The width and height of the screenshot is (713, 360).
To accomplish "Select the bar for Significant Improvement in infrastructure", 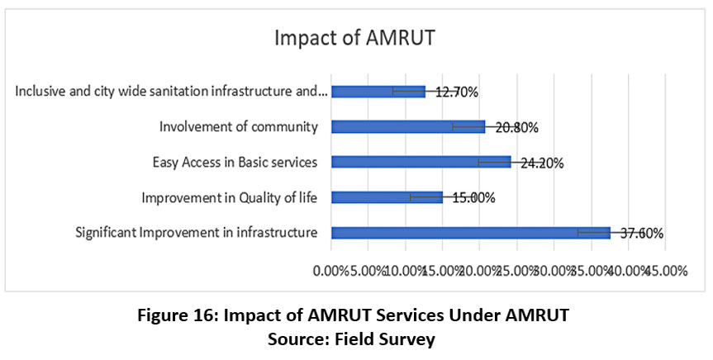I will pyautogui.click(x=470, y=233).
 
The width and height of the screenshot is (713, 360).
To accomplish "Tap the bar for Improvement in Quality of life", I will pyautogui.click(x=387, y=197).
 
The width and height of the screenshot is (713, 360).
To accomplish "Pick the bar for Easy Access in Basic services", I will pyautogui.click(x=421, y=162).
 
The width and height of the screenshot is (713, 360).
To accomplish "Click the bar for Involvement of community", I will pyautogui.click(x=408, y=126).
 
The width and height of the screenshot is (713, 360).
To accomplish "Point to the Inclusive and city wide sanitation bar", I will pyautogui.click(x=378, y=92).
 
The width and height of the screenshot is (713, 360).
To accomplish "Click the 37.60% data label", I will pyautogui.click(x=641, y=233).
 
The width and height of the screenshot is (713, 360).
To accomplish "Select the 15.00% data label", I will pyautogui.click(x=472, y=197).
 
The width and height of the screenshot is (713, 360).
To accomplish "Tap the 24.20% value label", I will pyautogui.click(x=541, y=163).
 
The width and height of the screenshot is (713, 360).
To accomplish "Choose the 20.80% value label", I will pyautogui.click(x=516, y=127).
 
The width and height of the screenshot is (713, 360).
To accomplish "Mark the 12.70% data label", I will pyautogui.click(x=456, y=92).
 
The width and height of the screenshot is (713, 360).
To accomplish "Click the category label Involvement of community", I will pyautogui.click(x=239, y=126).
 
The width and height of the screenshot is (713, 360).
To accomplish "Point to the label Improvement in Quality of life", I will pyautogui.click(x=230, y=197).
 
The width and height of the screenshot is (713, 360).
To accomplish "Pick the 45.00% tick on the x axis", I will pyautogui.click(x=666, y=271).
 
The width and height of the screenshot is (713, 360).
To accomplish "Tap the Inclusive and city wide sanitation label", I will pyautogui.click(x=170, y=91).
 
